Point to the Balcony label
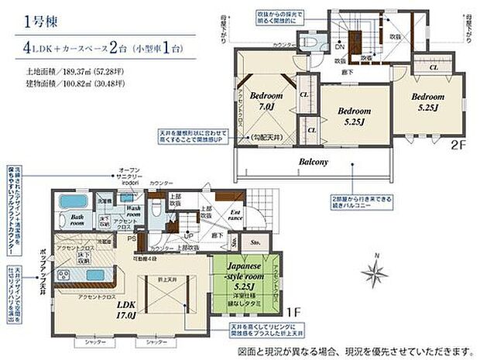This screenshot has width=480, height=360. point(314,162)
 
